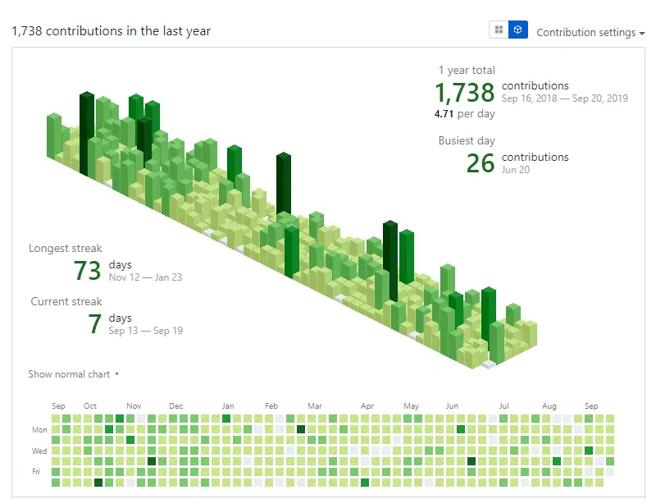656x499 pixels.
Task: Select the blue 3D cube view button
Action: (x=518, y=30)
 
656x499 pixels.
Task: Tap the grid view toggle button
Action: (x=499, y=30)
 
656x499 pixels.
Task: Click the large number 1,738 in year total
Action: (x=464, y=91)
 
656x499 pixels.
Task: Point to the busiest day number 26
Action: (x=481, y=163)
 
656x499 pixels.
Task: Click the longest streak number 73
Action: (x=87, y=270)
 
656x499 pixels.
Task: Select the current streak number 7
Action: (x=95, y=323)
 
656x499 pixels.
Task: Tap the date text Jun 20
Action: (x=516, y=170)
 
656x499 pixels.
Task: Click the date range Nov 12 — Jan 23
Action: (x=145, y=277)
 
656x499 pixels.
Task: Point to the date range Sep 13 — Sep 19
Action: (x=145, y=331)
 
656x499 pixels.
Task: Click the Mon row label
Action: (x=39, y=429)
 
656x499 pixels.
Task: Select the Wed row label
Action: (x=39, y=451)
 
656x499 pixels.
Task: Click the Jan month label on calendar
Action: (x=228, y=406)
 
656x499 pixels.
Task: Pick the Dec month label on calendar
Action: (x=176, y=406)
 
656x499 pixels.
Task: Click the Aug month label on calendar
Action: (x=549, y=406)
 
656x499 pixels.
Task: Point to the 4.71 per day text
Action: (x=464, y=113)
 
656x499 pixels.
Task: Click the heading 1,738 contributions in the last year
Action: (x=111, y=31)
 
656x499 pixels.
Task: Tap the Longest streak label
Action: (x=66, y=248)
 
